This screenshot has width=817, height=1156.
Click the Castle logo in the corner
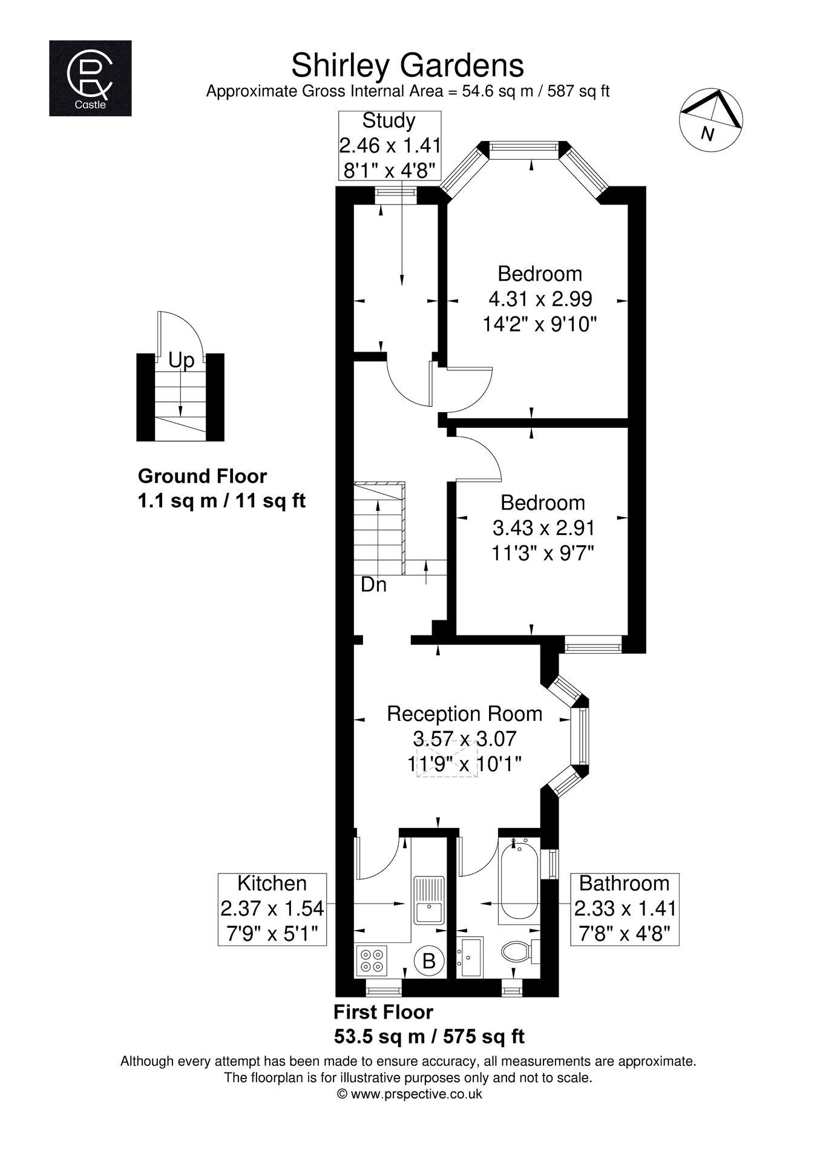click(90, 77)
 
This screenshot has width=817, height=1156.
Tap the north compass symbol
click(712, 120)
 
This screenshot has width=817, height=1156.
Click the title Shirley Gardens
click(407, 65)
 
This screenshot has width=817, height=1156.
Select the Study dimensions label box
click(389, 145)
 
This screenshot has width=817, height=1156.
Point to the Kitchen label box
click(272, 909)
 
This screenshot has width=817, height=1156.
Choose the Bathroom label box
click(625, 909)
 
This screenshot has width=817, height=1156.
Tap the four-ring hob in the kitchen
click(372, 961)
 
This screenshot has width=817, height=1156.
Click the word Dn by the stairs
click(373, 585)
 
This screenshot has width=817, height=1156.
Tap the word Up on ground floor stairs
click(181, 361)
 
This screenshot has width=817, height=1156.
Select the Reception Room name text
click(465, 714)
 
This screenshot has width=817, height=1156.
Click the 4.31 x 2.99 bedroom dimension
click(540, 299)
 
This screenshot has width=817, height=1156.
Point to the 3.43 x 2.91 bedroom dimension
click(543, 528)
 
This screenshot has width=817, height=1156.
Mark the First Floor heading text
click(384, 1012)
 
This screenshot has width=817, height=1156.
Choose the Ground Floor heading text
click(202, 476)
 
